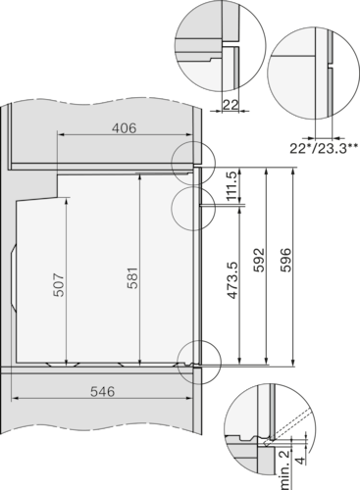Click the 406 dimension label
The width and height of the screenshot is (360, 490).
[123, 127]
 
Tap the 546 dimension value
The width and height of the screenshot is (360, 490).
[102, 391]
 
